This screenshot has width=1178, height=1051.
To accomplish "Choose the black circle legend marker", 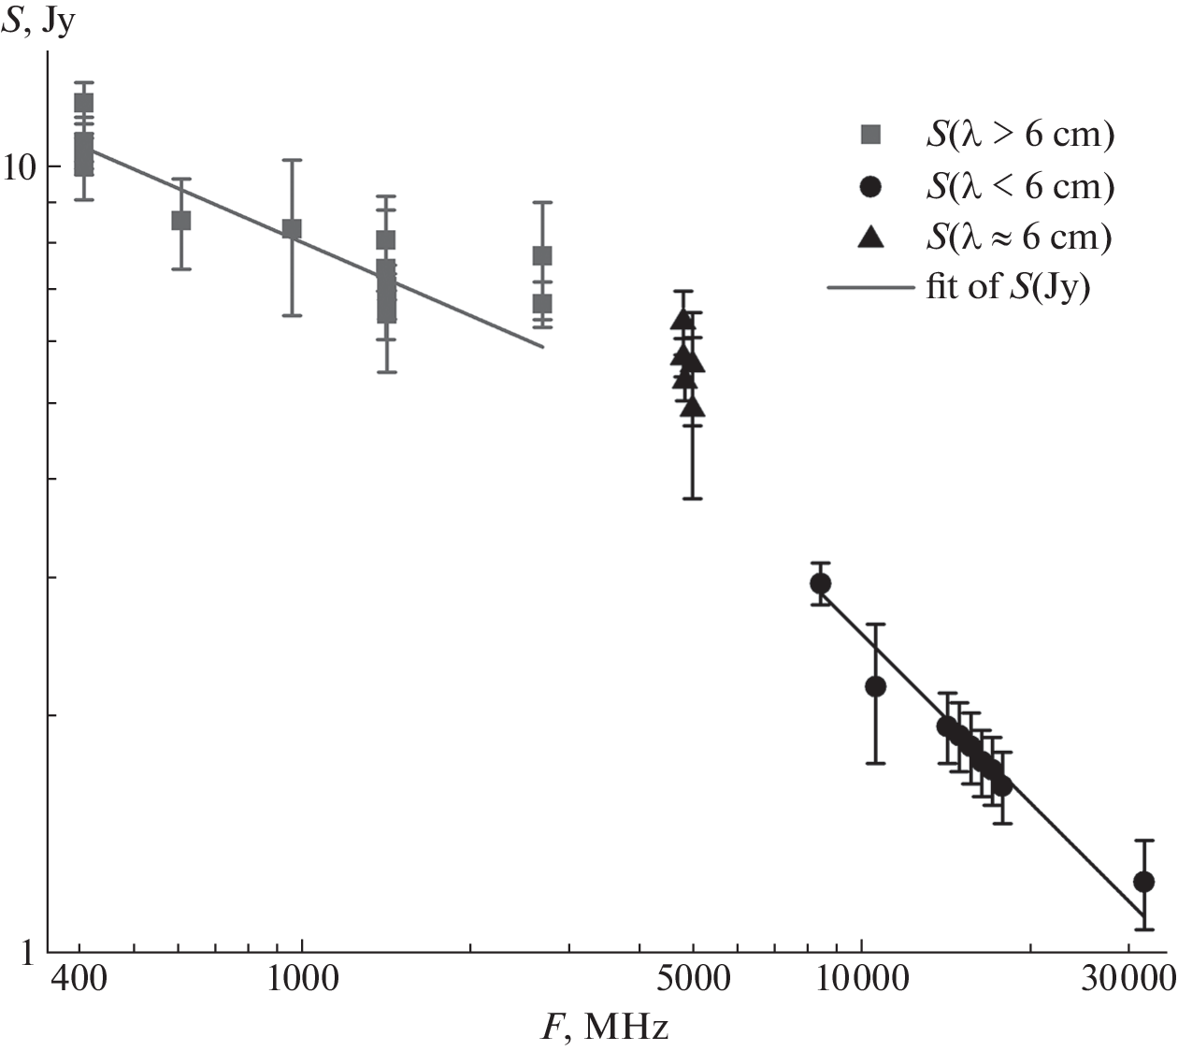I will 870,187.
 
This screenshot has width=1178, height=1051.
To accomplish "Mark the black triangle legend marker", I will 870,237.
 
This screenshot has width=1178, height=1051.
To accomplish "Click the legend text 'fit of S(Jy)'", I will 1008,286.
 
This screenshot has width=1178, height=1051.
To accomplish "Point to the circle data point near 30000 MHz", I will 1142,881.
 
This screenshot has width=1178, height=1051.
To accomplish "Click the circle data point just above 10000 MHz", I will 875,686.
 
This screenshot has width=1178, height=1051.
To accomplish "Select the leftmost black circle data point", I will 820,584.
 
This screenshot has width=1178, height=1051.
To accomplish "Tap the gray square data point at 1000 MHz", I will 292,229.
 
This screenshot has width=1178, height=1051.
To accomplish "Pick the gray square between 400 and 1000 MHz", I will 181,221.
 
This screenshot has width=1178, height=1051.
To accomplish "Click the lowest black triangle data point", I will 693,407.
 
